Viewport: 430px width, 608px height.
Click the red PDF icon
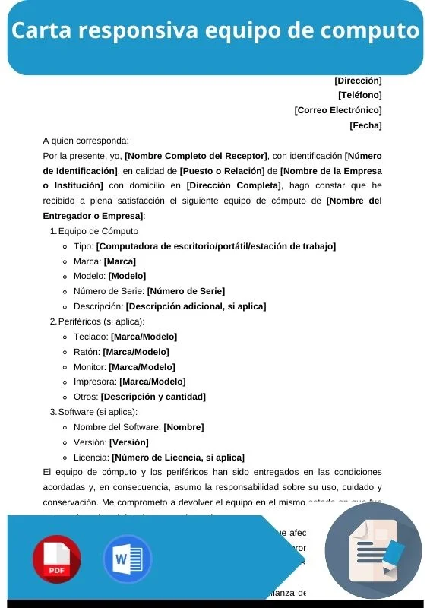pyautogui.click(x=56, y=559)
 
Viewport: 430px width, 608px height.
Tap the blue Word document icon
pyautogui.click(x=127, y=559)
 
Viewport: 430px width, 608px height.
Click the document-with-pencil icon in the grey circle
pyautogui.click(x=373, y=551)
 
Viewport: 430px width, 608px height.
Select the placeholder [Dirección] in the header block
pyautogui.click(x=358, y=80)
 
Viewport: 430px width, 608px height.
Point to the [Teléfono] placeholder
pyautogui.click(x=359, y=95)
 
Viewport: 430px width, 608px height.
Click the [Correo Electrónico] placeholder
pyautogui.click(x=338, y=110)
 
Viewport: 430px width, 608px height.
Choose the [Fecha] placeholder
pyautogui.click(x=365, y=125)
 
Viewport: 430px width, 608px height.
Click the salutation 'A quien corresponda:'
pyautogui.click(x=86, y=140)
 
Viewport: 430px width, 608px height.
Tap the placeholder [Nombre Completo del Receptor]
pyautogui.click(x=196, y=155)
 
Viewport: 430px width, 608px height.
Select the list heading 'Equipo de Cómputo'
pyautogui.click(x=98, y=230)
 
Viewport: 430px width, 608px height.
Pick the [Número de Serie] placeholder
pyautogui.click(x=185, y=291)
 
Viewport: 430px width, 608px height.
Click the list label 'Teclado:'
pyautogui.click(x=90, y=336)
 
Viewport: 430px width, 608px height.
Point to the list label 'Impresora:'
pyautogui.click(x=94, y=382)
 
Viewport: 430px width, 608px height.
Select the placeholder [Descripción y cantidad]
pyautogui.click(x=153, y=397)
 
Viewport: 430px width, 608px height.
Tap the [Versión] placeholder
pyautogui.click(x=128, y=442)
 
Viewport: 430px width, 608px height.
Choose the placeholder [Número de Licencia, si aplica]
pyautogui.click(x=178, y=458)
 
